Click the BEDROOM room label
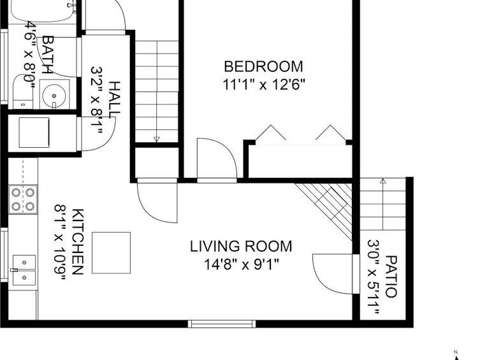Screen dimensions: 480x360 click(x=263, y=67)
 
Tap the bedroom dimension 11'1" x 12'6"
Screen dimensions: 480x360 click(x=264, y=84)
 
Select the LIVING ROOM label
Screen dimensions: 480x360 click(x=241, y=246)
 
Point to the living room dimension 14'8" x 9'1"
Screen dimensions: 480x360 click(x=242, y=264)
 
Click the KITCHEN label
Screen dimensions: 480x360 click(x=78, y=242)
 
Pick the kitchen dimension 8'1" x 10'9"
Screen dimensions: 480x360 click(x=60, y=242)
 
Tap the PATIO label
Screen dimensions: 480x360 click(x=391, y=277)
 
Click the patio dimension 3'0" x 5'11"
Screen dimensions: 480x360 click(x=373, y=277)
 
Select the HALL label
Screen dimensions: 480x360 click(x=115, y=99)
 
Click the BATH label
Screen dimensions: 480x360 click(x=48, y=55)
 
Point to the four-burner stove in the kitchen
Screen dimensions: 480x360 click(x=23, y=199)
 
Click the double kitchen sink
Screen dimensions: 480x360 click(x=24, y=270)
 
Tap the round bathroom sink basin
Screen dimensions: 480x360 click(x=54, y=95)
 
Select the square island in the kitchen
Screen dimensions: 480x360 click(x=112, y=253)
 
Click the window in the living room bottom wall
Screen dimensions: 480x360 click(x=222, y=324)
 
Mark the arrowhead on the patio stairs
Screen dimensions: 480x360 click(x=382, y=181)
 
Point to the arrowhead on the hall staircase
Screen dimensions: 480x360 click(x=156, y=139)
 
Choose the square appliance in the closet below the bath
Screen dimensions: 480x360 click(x=34, y=133)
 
